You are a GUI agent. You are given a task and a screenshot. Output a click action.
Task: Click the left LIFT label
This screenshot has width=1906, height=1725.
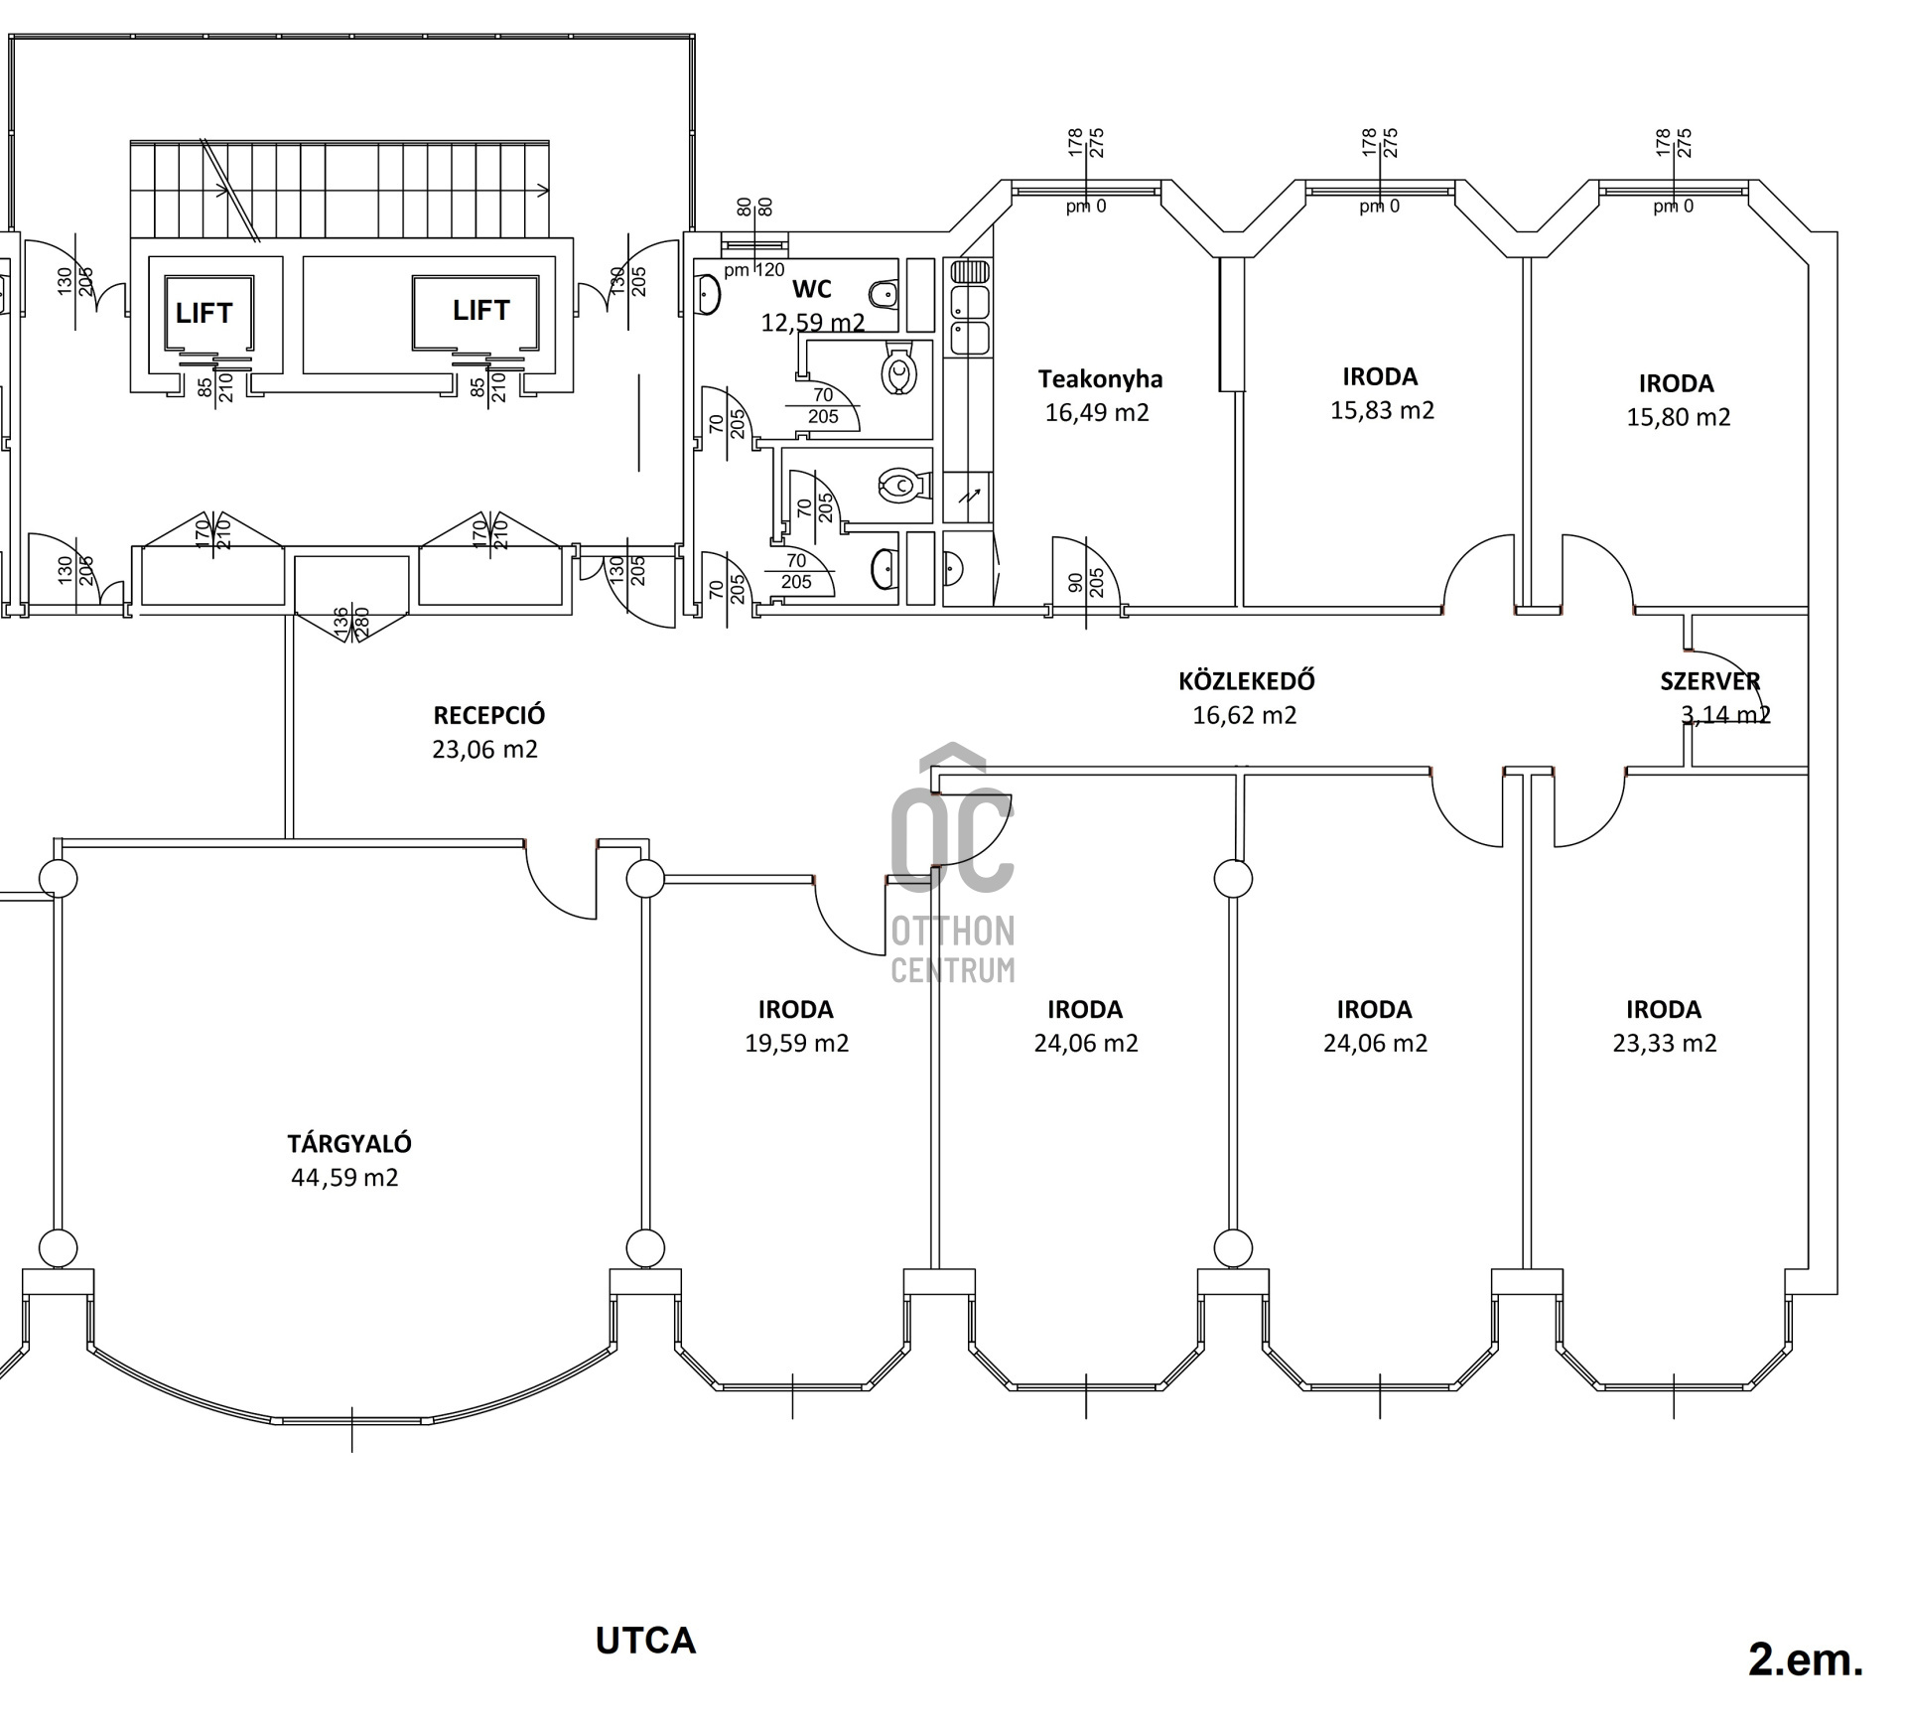coord(204,313)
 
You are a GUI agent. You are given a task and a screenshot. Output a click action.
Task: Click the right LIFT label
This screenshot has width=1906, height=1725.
coord(481,310)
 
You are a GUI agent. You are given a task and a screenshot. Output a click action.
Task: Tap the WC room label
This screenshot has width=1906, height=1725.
coord(812,289)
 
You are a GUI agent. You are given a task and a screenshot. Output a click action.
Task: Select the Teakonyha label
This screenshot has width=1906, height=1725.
coord(1100,378)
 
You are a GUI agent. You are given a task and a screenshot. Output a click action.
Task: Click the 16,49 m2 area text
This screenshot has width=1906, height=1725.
coord(1097,412)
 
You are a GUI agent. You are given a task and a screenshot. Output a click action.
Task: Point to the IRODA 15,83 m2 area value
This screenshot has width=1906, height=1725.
coord(1382,410)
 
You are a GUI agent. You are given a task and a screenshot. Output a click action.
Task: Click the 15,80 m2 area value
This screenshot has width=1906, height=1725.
coord(1678,417)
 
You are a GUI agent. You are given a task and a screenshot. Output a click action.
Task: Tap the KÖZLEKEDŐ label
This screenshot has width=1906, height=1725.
coord(1247,681)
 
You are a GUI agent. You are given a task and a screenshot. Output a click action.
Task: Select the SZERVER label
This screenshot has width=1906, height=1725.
coord(1709,681)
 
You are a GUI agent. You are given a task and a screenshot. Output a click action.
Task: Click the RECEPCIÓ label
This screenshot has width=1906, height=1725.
coord(489,715)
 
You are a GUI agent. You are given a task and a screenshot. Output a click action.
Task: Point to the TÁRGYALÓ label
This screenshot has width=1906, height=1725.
coord(349,1143)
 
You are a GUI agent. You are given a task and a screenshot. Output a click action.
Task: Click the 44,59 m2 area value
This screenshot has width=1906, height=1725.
coord(344,1178)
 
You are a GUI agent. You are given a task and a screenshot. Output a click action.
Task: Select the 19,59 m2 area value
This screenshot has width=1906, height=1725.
coord(796,1043)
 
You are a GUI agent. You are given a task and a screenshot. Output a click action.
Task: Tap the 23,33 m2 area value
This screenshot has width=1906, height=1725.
coord(1665,1043)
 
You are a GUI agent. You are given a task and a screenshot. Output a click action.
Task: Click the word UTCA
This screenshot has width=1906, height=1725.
coord(645,1641)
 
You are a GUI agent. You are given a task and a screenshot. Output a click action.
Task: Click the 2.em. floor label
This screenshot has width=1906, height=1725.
coord(1806,1659)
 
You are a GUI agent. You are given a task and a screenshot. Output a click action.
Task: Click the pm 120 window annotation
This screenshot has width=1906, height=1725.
coord(754,269)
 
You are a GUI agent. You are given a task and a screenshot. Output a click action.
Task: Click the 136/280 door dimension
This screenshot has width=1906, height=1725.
coord(351,624)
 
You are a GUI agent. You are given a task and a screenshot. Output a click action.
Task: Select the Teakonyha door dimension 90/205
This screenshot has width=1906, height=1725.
coord(1086,582)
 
